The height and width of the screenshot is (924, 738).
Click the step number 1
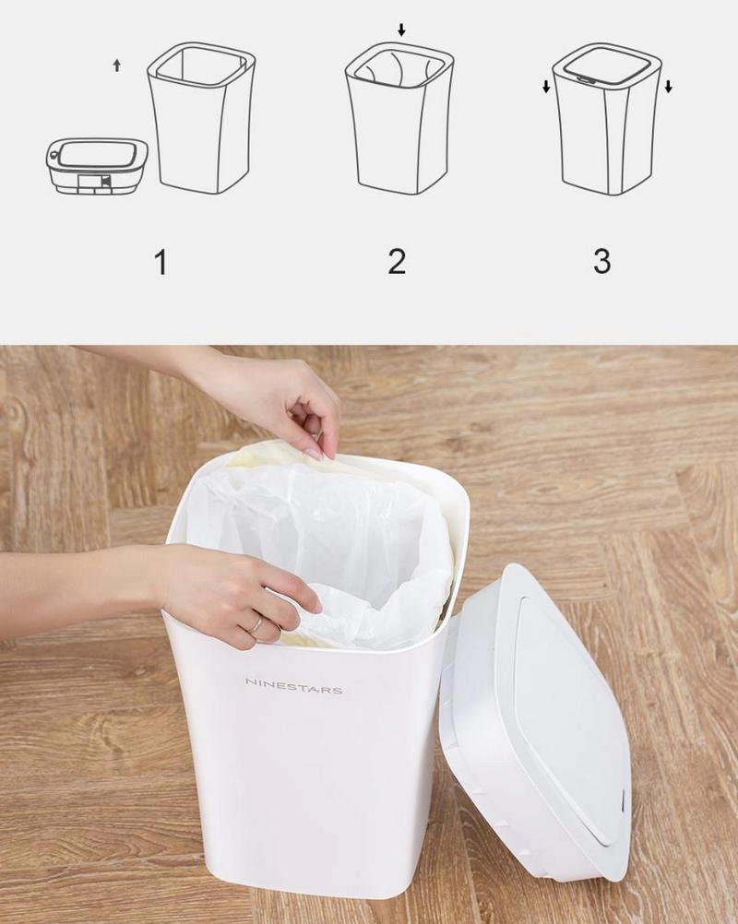(160, 262)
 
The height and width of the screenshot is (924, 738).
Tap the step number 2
(397, 261)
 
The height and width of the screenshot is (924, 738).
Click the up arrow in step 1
(117, 65)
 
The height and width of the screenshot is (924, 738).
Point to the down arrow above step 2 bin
(401, 30)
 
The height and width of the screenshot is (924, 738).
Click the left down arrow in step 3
(546, 87)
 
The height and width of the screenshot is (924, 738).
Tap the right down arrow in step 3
(668, 87)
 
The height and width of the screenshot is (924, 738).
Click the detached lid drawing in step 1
(96, 167)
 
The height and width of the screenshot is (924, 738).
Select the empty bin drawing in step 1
(200, 119)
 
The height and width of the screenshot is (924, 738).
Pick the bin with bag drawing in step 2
(399, 119)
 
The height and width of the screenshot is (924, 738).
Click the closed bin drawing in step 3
(606, 119)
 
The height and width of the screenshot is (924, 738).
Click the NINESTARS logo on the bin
(293, 685)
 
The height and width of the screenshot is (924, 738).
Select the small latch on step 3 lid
(586, 77)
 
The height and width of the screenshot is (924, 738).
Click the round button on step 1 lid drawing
(54, 155)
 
